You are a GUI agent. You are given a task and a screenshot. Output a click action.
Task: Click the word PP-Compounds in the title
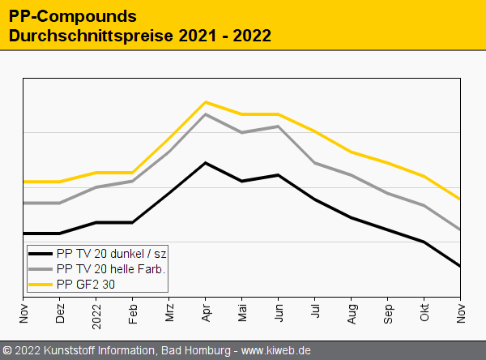(x=72, y=16)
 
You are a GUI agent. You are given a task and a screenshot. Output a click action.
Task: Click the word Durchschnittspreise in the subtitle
(x=89, y=36)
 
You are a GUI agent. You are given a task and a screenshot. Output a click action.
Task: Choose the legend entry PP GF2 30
(x=85, y=284)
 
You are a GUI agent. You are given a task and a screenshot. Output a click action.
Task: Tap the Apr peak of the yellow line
(x=206, y=102)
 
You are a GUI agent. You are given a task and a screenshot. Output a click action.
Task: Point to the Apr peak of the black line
(x=206, y=163)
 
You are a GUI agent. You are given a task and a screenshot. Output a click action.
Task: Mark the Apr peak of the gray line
(x=206, y=114)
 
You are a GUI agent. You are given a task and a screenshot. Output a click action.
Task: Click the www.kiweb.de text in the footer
(x=276, y=351)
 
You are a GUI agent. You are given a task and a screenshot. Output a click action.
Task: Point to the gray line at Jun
(x=279, y=126)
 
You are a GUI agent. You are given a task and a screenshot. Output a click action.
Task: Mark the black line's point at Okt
(x=424, y=242)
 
